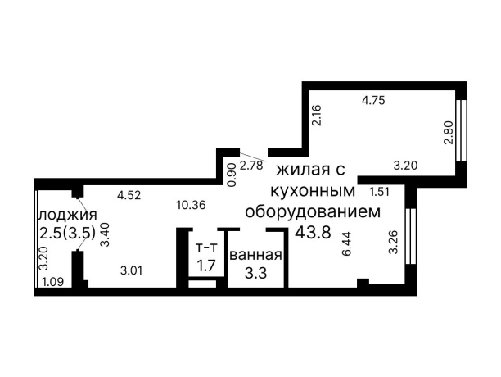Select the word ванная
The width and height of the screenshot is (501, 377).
(x=255, y=255)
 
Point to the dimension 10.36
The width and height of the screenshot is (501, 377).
(x=192, y=205)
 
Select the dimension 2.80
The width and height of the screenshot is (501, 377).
(x=448, y=133)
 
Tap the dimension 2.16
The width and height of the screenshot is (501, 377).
(x=315, y=114)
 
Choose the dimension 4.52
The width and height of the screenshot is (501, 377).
(x=129, y=195)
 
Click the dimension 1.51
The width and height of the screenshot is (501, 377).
(x=379, y=192)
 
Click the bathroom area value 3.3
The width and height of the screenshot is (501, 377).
(x=255, y=273)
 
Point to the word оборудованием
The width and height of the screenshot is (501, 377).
(x=314, y=211)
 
